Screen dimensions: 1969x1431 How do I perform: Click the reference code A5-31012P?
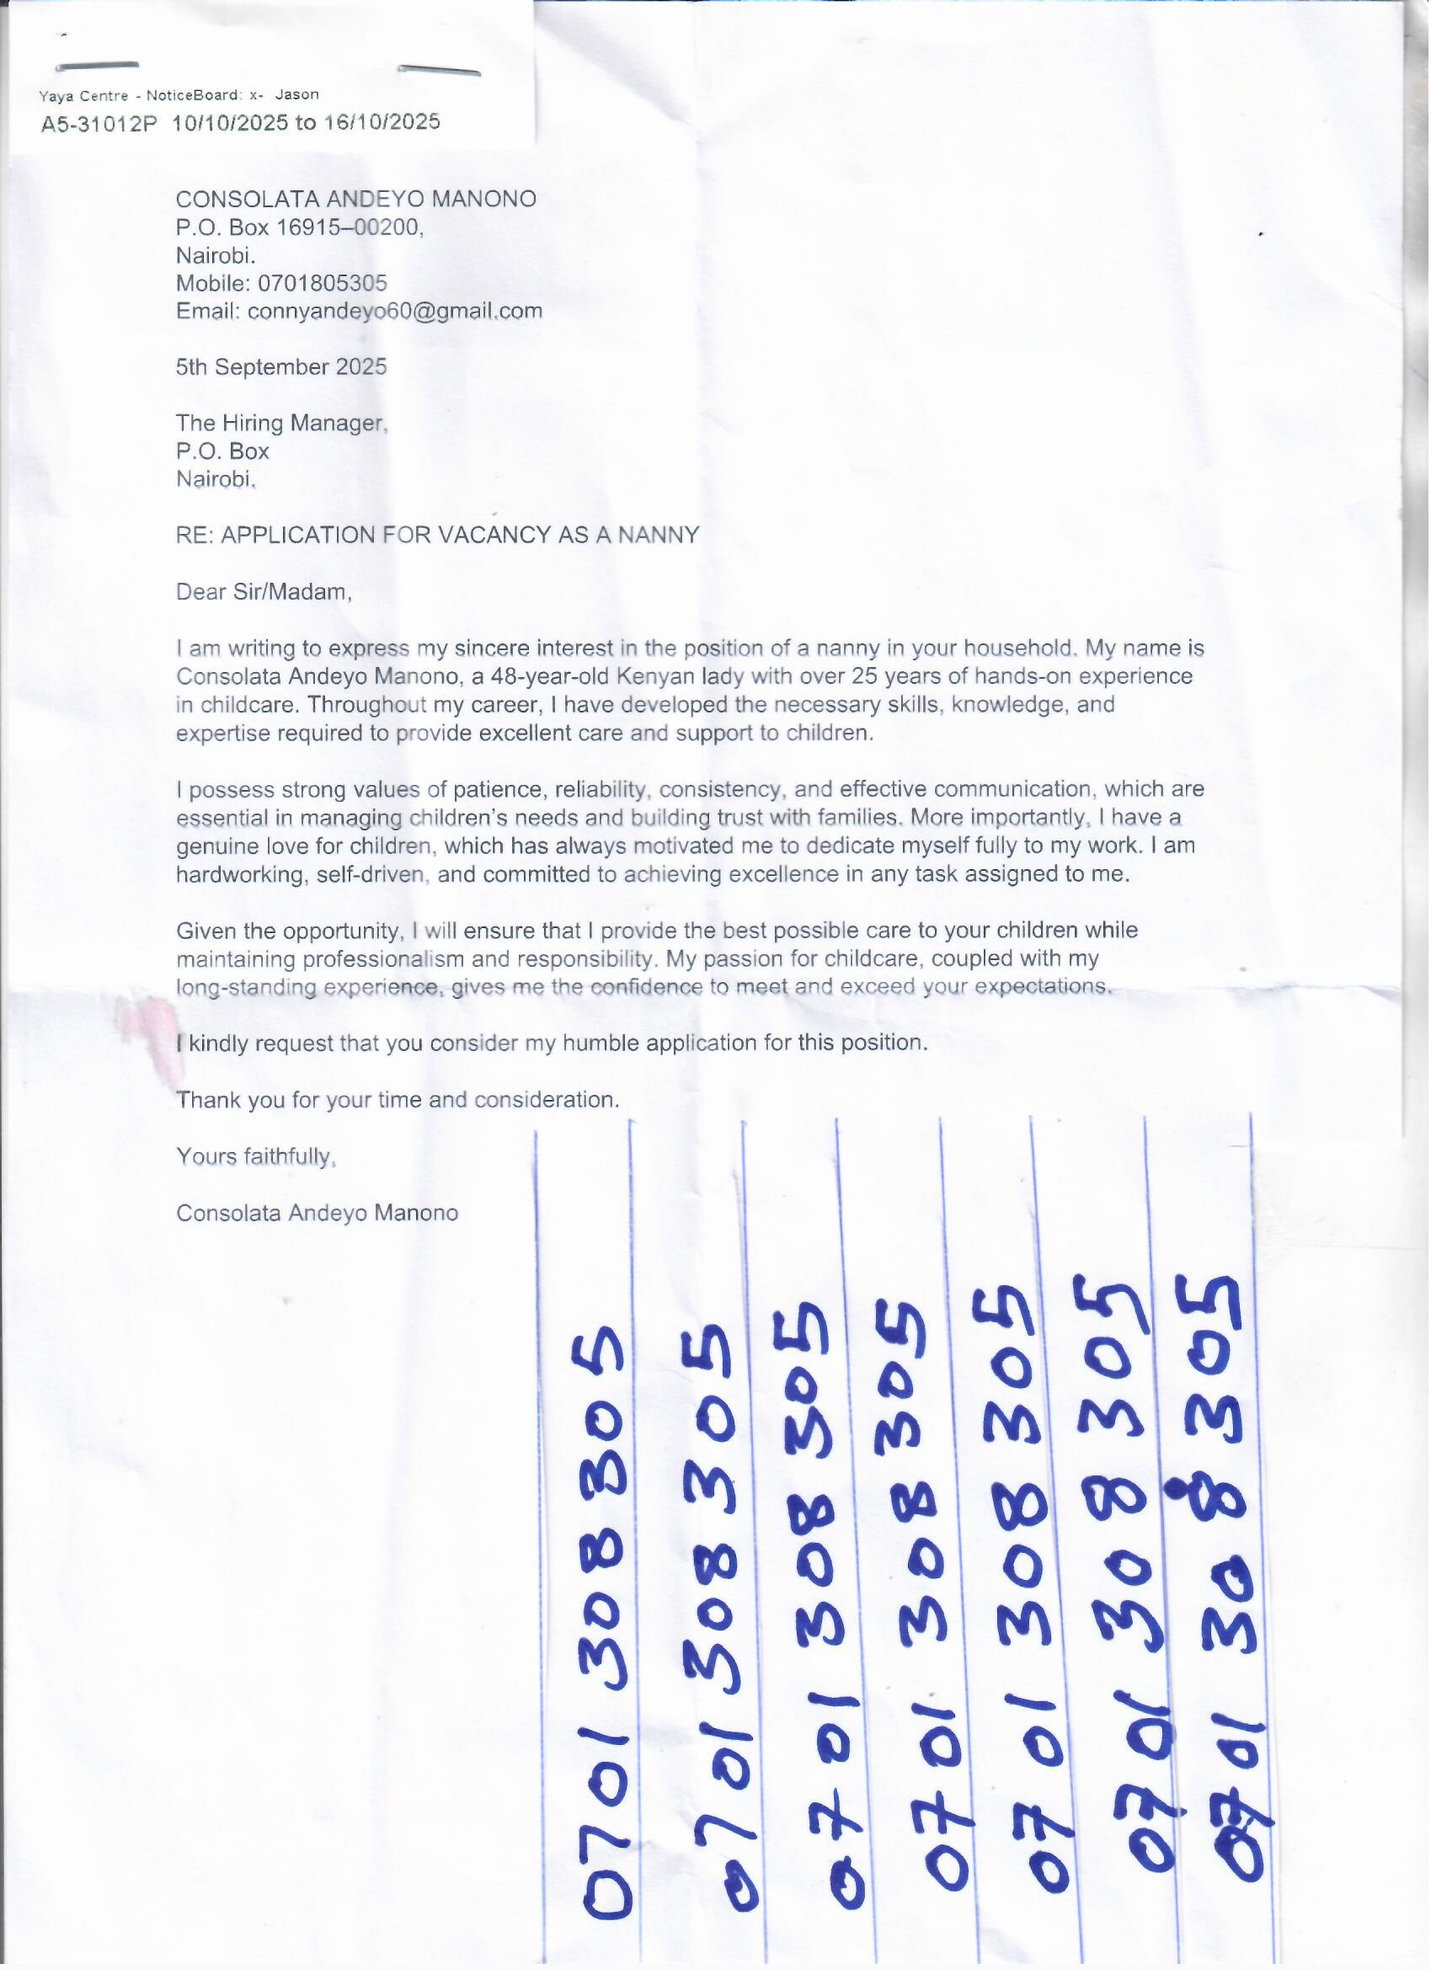tap(99, 124)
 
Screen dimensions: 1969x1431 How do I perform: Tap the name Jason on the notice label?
tap(297, 94)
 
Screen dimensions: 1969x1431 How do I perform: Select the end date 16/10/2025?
tap(382, 121)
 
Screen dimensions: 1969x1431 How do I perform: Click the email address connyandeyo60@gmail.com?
tap(394, 311)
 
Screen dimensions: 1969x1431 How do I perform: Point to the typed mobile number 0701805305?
tap(322, 283)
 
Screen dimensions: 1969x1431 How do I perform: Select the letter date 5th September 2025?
tap(281, 366)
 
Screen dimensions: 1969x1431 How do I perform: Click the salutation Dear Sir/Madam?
tap(263, 592)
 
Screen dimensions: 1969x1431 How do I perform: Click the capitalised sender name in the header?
tap(356, 199)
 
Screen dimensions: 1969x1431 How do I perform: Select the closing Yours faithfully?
tap(255, 1156)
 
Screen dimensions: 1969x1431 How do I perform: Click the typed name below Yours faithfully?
tap(317, 1213)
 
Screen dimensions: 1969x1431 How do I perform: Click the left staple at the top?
tap(96, 66)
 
